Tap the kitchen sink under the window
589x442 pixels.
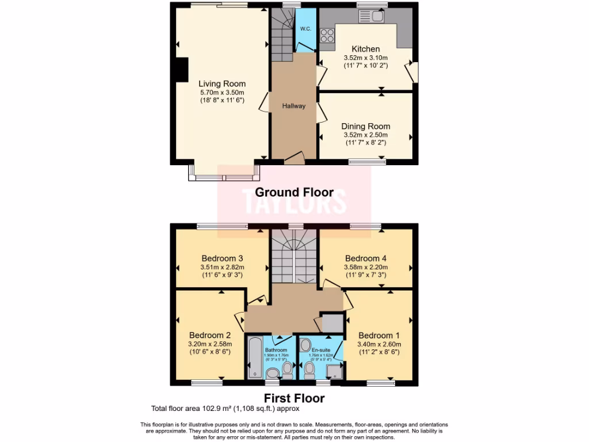tap(377, 16)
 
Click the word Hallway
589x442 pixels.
tap(293, 106)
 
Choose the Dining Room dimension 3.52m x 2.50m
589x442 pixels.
tap(365, 135)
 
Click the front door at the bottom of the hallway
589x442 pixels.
tap(294, 157)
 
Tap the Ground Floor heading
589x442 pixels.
tap(294, 192)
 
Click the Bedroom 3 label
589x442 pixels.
tap(222, 258)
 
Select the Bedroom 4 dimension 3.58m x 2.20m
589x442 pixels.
tap(366, 267)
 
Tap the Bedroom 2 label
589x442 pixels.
tap(210, 335)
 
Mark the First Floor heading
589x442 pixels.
tap(294, 398)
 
